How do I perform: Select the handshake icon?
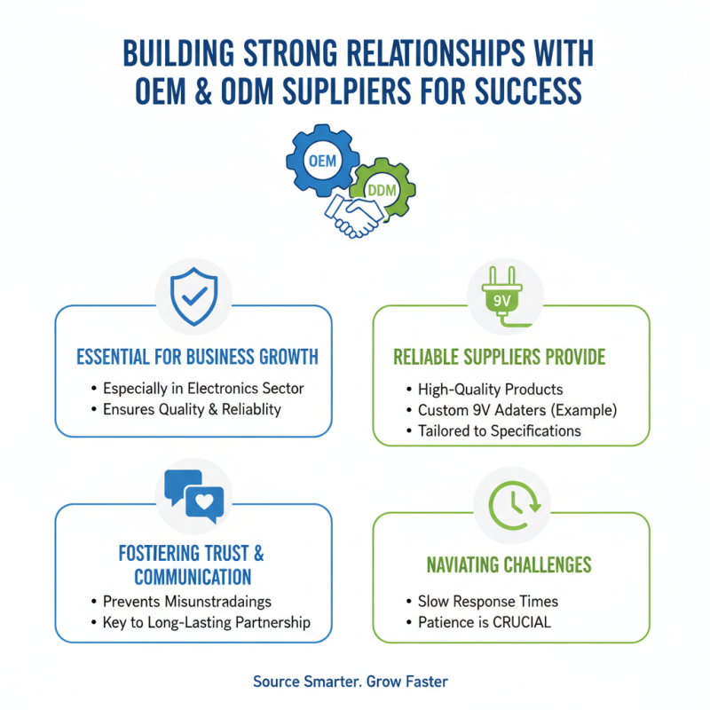click(x=355, y=216)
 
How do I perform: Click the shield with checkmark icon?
click(x=193, y=296)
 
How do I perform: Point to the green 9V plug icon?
click(x=502, y=296)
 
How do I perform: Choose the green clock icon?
click(x=515, y=505)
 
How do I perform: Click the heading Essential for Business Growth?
click(x=197, y=357)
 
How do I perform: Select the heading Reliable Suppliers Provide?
click(x=499, y=357)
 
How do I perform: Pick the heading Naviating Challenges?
click(x=509, y=564)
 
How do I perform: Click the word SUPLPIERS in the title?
click(x=346, y=91)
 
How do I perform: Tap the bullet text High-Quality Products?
click(x=491, y=390)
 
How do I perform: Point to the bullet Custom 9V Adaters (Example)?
click(x=517, y=410)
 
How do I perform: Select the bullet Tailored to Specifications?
click(x=499, y=431)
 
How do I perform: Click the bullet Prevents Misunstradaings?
click(x=187, y=602)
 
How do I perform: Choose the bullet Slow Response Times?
click(x=487, y=602)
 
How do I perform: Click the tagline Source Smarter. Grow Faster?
click(x=350, y=682)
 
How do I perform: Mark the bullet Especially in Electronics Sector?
click(x=203, y=389)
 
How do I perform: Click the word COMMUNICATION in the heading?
click(x=193, y=577)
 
